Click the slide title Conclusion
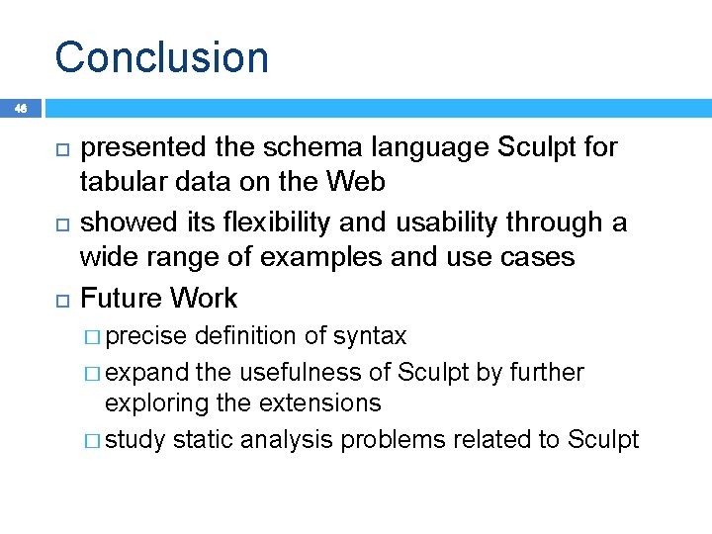tap(161, 56)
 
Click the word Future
tap(121, 298)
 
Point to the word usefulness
tap(302, 372)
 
